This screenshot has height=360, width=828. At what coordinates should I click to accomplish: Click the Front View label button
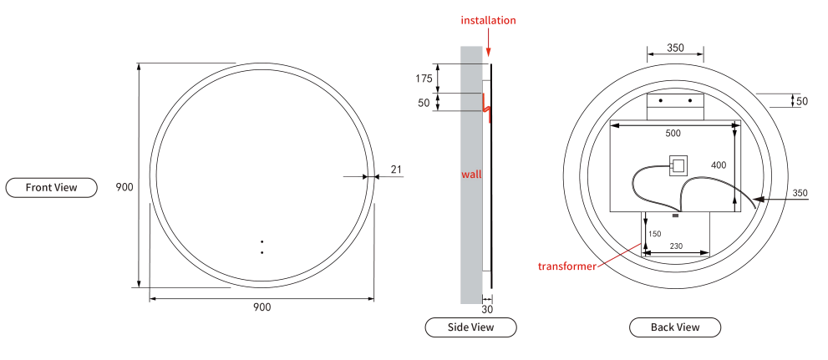[x=51, y=187]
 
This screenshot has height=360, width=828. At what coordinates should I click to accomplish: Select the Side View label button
[x=470, y=327]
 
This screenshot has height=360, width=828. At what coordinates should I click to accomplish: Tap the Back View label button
[x=674, y=327]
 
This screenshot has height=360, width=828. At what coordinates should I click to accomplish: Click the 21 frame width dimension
[x=396, y=170]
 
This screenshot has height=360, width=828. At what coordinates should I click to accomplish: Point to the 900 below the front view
[x=262, y=307]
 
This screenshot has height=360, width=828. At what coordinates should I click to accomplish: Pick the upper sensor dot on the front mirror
[x=262, y=242]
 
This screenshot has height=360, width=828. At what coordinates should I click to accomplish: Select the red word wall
[x=471, y=175]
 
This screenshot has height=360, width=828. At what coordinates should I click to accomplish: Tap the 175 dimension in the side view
[x=424, y=79]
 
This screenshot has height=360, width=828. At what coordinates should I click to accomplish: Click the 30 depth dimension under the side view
[x=487, y=309]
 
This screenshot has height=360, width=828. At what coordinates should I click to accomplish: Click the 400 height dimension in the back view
[x=718, y=165]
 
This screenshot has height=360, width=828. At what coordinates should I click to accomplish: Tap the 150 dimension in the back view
[x=654, y=234]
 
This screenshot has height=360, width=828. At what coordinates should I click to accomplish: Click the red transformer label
[x=566, y=266]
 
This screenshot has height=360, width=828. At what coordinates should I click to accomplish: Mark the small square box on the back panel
[x=678, y=164]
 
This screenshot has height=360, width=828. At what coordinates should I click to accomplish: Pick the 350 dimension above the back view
[x=675, y=48]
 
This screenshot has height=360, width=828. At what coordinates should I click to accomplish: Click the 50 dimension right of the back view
[x=801, y=101]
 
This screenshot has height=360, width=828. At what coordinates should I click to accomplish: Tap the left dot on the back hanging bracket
[x=661, y=100]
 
